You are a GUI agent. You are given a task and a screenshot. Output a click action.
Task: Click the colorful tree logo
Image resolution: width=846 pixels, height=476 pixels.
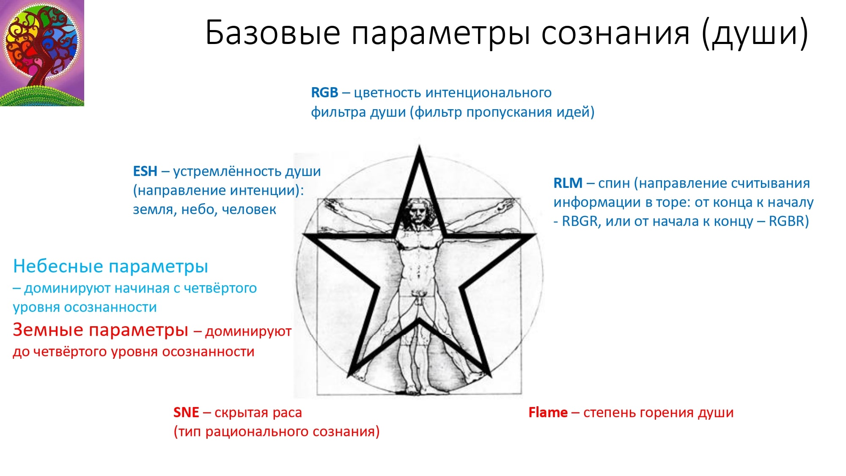tap(42, 53)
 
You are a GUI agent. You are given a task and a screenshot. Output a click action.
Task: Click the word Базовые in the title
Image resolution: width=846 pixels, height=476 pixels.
tap(273, 33)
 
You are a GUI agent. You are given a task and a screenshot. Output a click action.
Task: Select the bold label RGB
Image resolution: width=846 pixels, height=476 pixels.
tap(324, 92)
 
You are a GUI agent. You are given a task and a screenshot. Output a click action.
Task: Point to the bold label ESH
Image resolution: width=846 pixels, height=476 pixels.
tap(145, 171)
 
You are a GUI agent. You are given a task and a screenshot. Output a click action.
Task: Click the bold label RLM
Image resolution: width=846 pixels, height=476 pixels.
tap(568, 183)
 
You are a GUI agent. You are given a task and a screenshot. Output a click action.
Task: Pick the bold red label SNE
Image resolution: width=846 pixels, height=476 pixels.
tap(186, 412)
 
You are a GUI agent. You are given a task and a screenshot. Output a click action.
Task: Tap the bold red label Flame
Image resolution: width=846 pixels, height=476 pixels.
tap(548, 412)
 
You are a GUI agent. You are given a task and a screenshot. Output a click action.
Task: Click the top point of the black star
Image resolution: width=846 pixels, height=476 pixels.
tap(419, 146)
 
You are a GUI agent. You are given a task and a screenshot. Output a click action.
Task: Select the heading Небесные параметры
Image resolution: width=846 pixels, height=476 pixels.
tap(110, 267)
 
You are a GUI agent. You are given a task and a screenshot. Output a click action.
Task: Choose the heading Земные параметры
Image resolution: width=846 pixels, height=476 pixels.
tap(100, 330)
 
